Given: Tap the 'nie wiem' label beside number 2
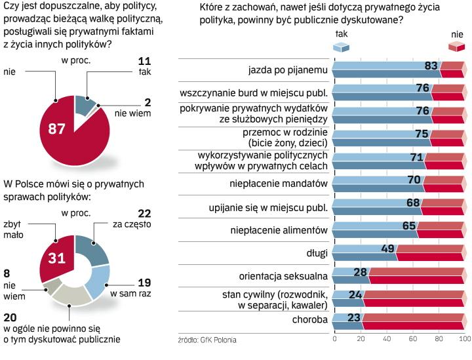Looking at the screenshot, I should point(133,113).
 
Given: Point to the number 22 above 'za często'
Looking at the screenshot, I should point(144,213).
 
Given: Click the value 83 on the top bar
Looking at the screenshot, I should point(430,66).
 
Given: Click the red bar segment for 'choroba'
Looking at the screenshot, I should point(413,321).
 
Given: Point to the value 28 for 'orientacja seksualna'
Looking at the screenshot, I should point(359,271).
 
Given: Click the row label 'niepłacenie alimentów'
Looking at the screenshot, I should point(279,230).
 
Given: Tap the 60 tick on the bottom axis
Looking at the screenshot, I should point(413,339).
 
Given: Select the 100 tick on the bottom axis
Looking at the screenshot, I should point(464,339).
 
